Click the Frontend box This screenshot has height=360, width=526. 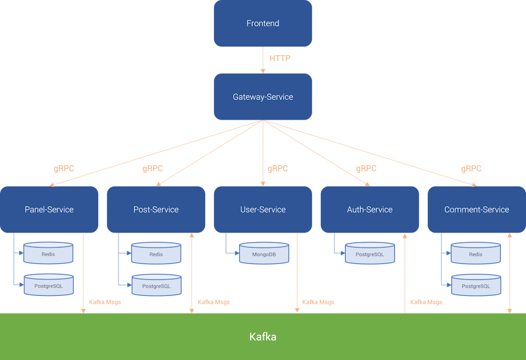[x=263, y=24]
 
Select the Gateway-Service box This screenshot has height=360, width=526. [x=263, y=97]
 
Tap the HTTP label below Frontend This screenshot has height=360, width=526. [x=280, y=59]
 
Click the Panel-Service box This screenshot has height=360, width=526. [x=49, y=210]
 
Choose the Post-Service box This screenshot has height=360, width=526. [x=156, y=210]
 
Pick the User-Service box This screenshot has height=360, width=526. [x=263, y=210]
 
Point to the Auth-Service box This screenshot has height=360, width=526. [x=370, y=210]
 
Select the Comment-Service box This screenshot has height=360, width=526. [x=476, y=210]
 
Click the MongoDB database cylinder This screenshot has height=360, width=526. [x=264, y=255]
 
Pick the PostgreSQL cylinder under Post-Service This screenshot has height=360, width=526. [x=156, y=286]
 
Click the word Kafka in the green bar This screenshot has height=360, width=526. [x=263, y=336]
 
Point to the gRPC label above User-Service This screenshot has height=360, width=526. [x=278, y=169]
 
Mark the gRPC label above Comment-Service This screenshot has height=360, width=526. [x=471, y=169]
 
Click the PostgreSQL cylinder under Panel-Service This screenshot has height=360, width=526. [x=48, y=286]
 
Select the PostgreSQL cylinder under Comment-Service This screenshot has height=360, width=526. [x=476, y=286]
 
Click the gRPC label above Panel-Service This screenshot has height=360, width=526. [x=64, y=169]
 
